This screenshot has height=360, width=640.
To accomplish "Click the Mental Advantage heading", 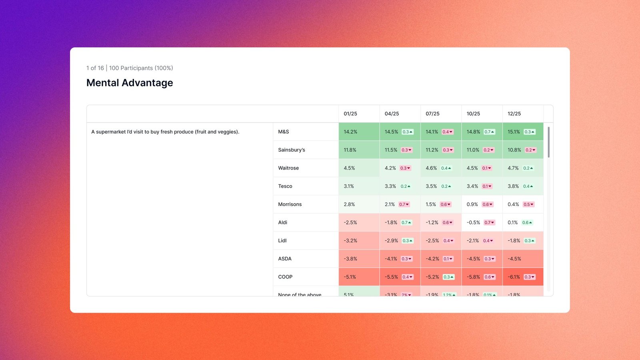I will (130, 83).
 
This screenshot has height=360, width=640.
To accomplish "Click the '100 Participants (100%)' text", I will (141, 68).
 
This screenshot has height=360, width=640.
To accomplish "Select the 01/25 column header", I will (350, 114).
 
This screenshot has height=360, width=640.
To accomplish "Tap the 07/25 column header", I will (432, 114).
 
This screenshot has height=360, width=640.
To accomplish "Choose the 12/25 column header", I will (514, 114).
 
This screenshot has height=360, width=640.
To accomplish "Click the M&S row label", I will (284, 132).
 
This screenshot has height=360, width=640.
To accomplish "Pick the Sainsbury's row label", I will (292, 150).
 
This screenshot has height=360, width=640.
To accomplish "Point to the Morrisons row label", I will (290, 204).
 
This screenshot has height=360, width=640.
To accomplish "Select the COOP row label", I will (285, 277).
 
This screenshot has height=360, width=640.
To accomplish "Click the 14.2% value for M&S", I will (350, 132).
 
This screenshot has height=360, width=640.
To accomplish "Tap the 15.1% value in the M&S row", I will (514, 132).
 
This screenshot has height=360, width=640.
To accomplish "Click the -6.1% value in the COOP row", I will (514, 277).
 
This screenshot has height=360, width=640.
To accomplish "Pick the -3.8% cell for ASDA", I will (350, 259).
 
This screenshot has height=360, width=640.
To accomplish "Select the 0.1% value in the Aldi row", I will (512, 222).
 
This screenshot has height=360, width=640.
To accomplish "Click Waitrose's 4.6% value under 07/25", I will (431, 168).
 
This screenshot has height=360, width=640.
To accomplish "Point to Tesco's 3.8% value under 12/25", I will (513, 186).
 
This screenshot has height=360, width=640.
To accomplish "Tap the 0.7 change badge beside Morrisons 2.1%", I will (404, 204).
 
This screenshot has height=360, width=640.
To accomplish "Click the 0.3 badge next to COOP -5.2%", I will (448, 277).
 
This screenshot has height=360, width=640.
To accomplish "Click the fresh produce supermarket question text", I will (165, 132).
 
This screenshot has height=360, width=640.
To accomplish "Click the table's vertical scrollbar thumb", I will (548, 142).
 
